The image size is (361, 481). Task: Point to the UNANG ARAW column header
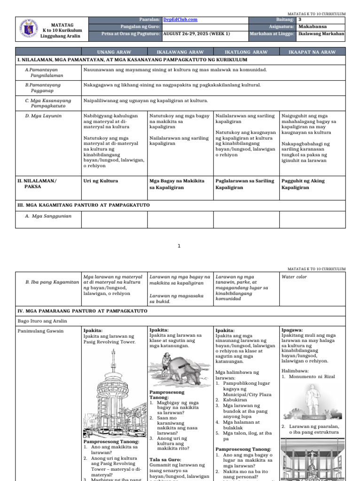coord(114,52)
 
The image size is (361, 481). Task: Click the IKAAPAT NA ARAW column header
coord(312,52)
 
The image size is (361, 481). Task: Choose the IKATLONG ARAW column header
coord(246,52)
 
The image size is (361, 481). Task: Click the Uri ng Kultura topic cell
coord(101,181)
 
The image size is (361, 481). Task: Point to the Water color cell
coord(294,277)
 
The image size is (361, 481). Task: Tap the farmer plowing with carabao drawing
coord(180,369)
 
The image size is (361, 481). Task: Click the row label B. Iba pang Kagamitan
coord(52,282)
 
